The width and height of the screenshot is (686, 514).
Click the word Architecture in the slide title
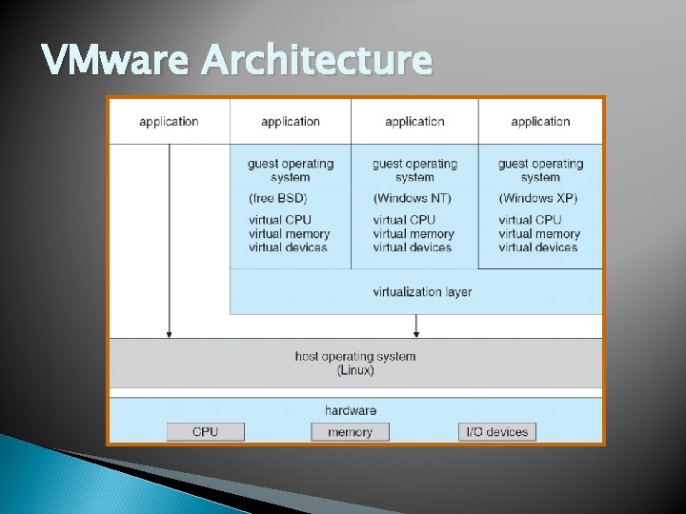click(316, 60)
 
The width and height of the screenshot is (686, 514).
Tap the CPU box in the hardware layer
click(205, 432)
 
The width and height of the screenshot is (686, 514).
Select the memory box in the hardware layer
click(350, 432)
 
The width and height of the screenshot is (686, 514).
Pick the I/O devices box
click(496, 432)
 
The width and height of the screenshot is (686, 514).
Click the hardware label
click(350, 410)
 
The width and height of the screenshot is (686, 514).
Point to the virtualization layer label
click(422, 291)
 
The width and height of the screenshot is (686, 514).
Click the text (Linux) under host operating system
click(355, 370)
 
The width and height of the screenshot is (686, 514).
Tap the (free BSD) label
click(278, 199)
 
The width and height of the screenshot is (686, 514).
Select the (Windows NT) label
click(412, 199)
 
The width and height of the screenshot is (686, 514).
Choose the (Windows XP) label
click(537, 199)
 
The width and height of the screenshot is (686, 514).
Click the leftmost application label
click(169, 121)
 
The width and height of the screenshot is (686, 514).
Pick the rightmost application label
click(540, 121)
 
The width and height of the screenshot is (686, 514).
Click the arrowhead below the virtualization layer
click(416, 332)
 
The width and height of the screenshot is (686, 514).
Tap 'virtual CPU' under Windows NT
click(404, 220)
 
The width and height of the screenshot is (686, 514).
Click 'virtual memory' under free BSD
click(289, 234)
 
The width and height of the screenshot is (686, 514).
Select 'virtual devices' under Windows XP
click(537, 247)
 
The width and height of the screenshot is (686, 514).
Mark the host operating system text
click(355, 357)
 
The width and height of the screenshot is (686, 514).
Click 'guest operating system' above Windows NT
click(414, 170)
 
